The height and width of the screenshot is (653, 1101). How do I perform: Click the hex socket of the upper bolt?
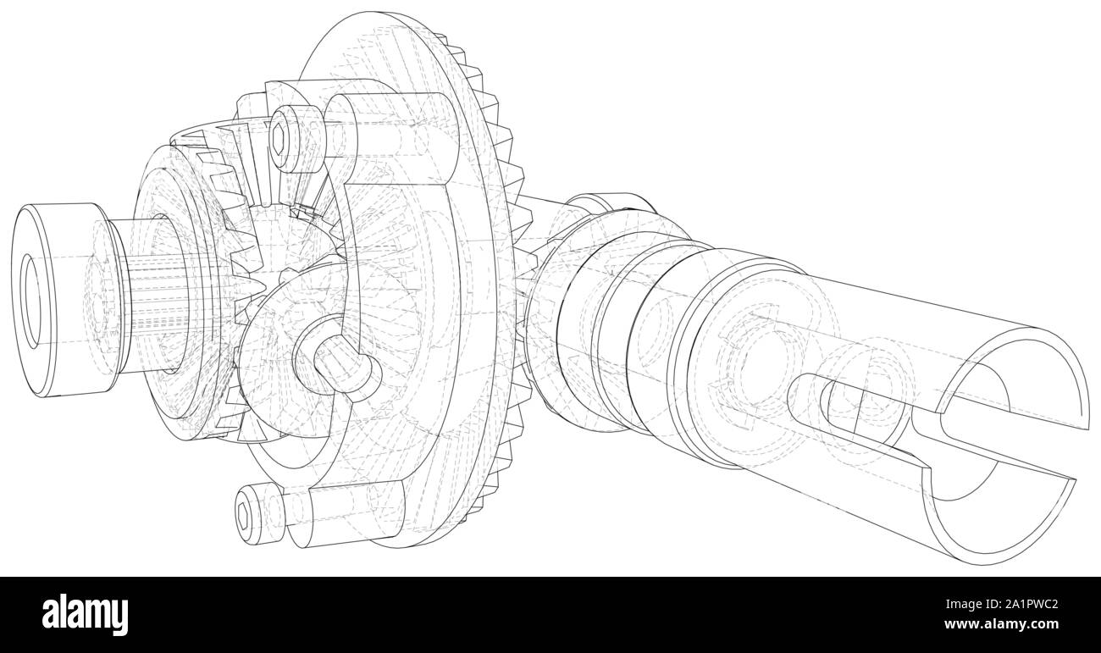pyautogui.click(x=280, y=136)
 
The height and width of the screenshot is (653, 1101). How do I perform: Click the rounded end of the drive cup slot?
pyautogui.click(x=800, y=395)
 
